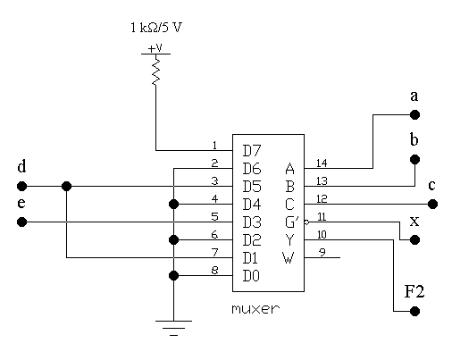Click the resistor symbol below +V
tap(155, 70)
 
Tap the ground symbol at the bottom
tap(173, 328)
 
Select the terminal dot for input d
tap(21, 187)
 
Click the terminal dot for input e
tap(21, 222)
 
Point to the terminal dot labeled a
tap(414, 114)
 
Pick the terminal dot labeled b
tap(414, 160)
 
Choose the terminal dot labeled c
tap(432, 205)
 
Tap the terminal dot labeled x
tap(414, 239)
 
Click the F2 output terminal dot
tap(414, 311)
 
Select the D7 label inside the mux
tap(252, 151)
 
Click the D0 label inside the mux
tap(251, 276)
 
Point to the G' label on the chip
tap(292, 222)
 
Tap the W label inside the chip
tap(289, 258)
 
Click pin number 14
tap(322, 163)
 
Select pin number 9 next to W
tap(322, 253)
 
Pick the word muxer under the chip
tap(255, 309)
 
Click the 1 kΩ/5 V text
tap(156, 28)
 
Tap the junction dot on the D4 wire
tap(173, 205)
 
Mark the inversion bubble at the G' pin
tap(306, 222)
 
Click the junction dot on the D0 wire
tap(173, 276)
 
